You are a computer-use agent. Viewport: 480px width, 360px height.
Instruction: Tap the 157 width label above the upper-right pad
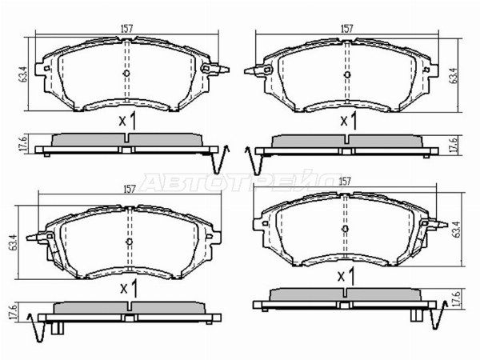click(x=346, y=27)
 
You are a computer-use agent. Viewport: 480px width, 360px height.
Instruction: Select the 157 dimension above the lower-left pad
click(x=128, y=190)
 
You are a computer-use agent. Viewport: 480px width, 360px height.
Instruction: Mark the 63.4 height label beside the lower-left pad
click(x=12, y=239)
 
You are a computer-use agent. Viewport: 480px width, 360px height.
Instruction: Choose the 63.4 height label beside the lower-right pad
click(x=454, y=231)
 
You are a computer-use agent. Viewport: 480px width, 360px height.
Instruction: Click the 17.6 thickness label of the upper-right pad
click(x=454, y=144)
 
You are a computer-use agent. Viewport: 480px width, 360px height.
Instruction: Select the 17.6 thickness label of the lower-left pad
click(x=11, y=312)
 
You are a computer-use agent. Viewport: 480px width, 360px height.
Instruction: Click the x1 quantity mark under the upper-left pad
click(x=127, y=121)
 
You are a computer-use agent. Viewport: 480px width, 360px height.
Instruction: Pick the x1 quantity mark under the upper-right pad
click(x=348, y=121)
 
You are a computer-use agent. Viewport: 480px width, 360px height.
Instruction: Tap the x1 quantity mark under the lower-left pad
click(x=127, y=286)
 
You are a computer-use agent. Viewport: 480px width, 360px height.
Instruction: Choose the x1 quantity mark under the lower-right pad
click(x=346, y=276)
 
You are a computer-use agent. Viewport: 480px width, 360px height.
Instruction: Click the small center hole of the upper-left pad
click(x=127, y=74)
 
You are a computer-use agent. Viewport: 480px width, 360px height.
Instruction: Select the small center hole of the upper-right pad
click(x=346, y=74)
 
